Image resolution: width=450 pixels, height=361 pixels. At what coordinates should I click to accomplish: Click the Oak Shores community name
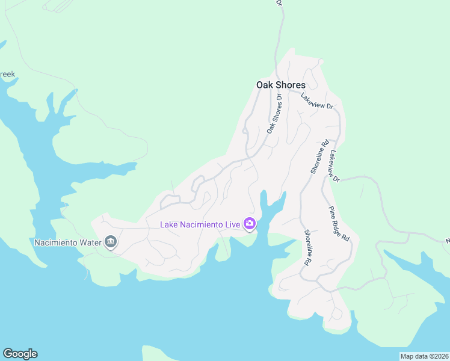click(280, 85)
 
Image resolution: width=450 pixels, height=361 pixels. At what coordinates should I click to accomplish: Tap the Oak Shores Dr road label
click(275, 113)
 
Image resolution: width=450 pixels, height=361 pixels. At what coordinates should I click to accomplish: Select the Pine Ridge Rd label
click(339, 223)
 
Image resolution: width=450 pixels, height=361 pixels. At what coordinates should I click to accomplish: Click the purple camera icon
click(250, 224)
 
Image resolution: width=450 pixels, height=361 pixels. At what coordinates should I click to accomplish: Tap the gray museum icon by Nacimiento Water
click(111, 242)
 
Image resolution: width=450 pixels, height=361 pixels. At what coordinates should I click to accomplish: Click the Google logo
click(20, 354)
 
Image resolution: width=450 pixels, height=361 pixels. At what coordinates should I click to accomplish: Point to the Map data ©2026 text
click(424, 356)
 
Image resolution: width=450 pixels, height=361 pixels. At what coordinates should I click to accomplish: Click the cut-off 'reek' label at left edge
click(7, 75)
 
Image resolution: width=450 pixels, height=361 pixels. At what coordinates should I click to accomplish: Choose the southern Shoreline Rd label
click(307, 248)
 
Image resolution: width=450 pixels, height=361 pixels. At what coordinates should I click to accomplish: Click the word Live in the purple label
click(232, 224)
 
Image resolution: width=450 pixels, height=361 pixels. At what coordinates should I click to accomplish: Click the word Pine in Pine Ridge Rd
click(331, 212)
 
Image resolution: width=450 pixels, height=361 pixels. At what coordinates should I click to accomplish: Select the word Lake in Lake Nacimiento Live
click(168, 224)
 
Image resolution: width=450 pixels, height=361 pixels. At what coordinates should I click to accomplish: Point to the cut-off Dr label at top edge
click(279, 3)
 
